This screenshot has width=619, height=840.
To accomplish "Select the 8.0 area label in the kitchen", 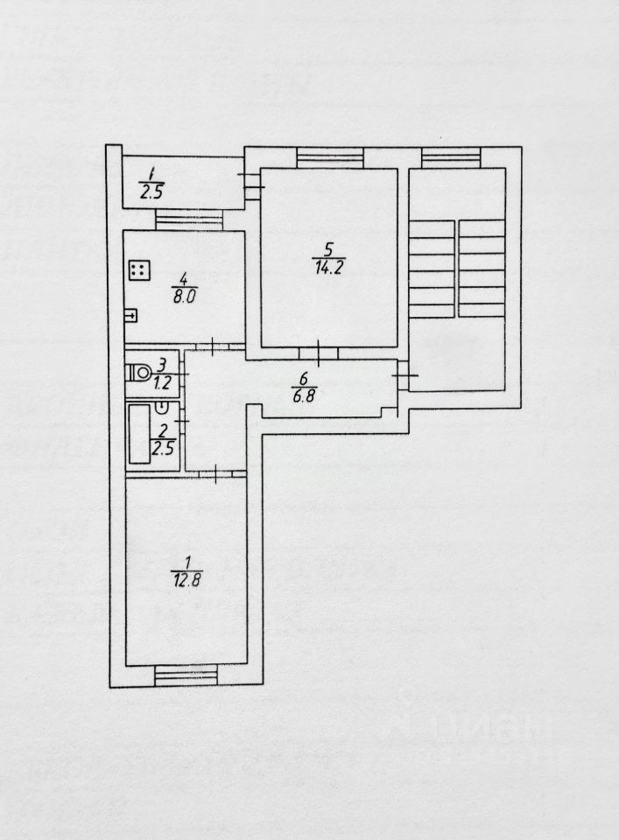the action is (184, 297).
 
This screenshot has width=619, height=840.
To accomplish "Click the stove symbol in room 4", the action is (138, 269).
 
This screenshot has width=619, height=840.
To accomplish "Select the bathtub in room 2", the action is (139, 434).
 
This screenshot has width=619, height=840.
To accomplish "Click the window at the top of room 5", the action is (329, 158).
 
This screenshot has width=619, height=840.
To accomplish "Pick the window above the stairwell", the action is (452, 158).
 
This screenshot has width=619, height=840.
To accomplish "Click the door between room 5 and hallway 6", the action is (319, 353).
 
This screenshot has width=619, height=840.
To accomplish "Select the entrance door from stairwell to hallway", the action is (403, 378).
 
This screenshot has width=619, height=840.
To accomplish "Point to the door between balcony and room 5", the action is (251, 185).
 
